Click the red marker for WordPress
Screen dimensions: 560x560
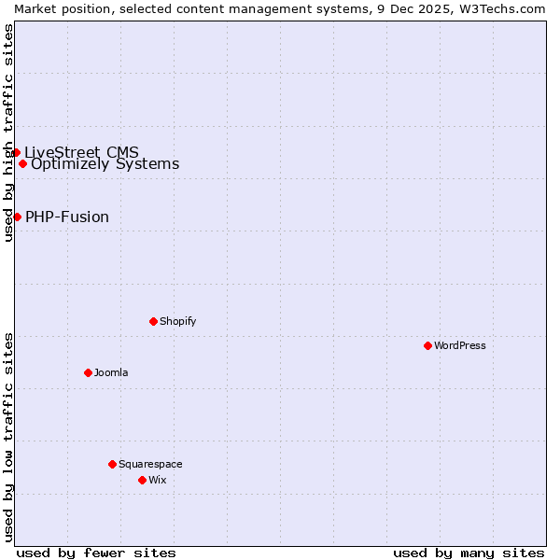427,345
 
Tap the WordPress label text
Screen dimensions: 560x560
460,345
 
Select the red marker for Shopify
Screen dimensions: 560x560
153,321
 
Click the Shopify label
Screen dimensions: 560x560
178,321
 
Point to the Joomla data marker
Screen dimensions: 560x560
88,372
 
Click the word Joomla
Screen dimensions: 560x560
111,372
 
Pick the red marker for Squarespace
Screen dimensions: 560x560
112,464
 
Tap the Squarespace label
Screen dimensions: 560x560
150,464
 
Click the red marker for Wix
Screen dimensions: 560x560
142,480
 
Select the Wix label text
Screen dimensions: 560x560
158,480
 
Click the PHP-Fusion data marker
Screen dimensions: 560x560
17,217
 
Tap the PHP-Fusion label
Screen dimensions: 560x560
67,217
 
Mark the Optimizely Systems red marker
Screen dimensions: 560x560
22,163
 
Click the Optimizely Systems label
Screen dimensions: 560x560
105,164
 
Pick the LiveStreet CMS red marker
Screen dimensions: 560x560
16,152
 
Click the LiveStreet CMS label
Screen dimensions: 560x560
82,152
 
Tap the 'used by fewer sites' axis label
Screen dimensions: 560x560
96,553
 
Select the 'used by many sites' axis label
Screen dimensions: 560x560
469,553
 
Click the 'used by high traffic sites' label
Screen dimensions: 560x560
8,133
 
